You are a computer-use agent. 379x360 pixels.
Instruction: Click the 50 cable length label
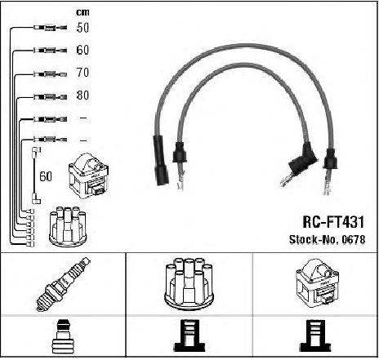click(x=82, y=28)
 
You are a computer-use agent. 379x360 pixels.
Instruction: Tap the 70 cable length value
click(x=82, y=73)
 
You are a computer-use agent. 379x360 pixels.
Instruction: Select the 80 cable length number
click(x=82, y=95)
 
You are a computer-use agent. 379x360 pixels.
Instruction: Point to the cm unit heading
click(x=82, y=12)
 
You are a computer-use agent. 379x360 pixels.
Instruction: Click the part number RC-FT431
click(x=333, y=222)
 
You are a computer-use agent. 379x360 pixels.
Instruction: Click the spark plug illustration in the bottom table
click(x=64, y=284)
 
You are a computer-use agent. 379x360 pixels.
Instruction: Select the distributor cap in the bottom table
click(x=189, y=283)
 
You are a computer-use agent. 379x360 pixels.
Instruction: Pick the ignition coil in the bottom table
click(x=317, y=283)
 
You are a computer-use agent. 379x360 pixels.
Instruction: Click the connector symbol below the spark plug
click(x=62, y=337)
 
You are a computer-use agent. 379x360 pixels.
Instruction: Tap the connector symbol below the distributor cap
click(x=189, y=336)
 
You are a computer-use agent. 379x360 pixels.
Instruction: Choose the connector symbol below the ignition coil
click(x=316, y=336)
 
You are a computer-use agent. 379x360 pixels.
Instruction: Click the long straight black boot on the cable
click(x=161, y=160)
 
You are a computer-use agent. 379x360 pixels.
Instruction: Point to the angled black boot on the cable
click(x=303, y=158)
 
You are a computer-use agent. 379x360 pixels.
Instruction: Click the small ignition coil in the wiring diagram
click(x=89, y=176)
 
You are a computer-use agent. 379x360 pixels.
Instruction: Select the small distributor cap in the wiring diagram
click(x=68, y=226)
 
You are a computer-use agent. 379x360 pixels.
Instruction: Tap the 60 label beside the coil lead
click(x=46, y=176)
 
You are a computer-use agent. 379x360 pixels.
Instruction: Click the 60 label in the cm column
click(x=82, y=50)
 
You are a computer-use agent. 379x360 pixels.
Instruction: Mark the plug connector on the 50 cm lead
click(x=50, y=28)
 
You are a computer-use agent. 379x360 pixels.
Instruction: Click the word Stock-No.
click(x=314, y=239)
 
